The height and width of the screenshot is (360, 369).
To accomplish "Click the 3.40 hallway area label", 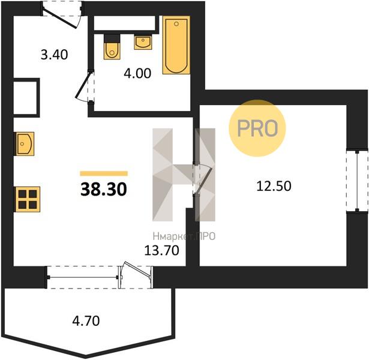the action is (x=55, y=55).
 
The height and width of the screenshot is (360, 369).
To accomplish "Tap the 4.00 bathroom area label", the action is (x=137, y=73).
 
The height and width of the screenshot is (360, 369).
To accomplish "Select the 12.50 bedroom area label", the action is (x=274, y=186).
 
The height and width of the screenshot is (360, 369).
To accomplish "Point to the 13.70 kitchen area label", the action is (x=161, y=250).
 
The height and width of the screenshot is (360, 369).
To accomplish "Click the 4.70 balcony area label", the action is (x=86, y=321).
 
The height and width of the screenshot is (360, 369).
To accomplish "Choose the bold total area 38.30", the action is (x=104, y=190).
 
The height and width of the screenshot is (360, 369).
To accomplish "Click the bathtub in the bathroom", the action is (x=176, y=45).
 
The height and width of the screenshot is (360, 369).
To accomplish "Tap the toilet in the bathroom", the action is (x=112, y=47).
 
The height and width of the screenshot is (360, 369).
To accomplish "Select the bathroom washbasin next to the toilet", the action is (x=143, y=42).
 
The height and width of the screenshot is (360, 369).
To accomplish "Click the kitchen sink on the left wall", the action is (x=25, y=143).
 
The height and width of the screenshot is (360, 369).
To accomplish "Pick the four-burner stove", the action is (x=28, y=199).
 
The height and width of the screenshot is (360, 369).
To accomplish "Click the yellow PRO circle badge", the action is (x=257, y=128).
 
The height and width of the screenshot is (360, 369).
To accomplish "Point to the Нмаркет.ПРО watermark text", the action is (x=184, y=236).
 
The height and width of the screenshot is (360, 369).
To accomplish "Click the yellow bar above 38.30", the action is (x=104, y=173).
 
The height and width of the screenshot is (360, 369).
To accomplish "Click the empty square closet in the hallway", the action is (x=25, y=98).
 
